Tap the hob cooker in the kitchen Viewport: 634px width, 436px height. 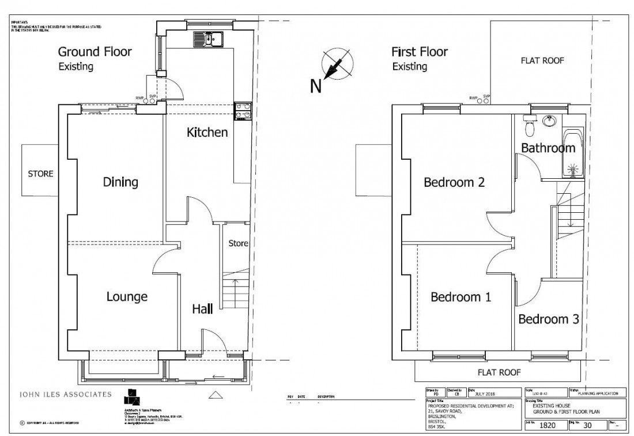click(x=242, y=110)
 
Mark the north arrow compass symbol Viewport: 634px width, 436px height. click(x=338, y=64)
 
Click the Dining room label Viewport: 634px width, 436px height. click(x=120, y=182)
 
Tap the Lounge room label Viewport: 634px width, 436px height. click(x=127, y=297)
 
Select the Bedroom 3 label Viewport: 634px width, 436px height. click(x=548, y=320)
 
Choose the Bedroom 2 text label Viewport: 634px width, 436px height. click(x=454, y=183)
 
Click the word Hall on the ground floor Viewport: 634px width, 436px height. click(x=202, y=310)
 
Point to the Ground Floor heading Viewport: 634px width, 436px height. click(x=95, y=52)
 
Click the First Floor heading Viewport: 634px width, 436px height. click(x=420, y=52)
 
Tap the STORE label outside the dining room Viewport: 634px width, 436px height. click(x=40, y=173)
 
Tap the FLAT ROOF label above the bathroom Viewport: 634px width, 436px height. click(x=542, y=60)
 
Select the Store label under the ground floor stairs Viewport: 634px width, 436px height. click(x=238, y=243)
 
